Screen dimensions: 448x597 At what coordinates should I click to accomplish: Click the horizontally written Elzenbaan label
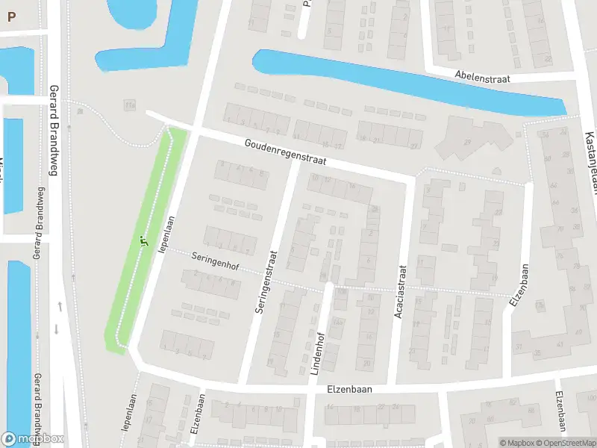point(349,389)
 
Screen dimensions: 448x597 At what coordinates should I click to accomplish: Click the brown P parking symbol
point(11,16)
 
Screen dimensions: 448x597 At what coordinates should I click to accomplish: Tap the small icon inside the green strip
point(143,241)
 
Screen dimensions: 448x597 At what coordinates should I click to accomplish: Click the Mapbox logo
point(32,439)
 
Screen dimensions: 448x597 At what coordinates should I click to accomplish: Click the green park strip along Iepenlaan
point(146,239)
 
